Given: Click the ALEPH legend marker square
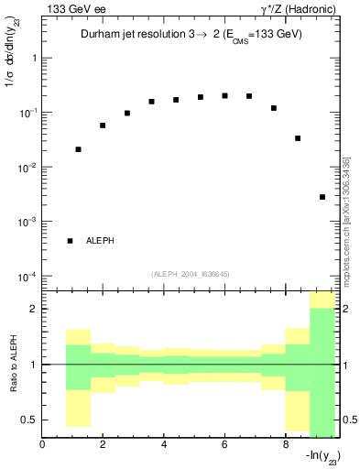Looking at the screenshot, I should [70, 241].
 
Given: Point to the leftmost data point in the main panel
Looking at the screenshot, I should [78, 149].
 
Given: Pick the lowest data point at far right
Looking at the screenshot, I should [322, 197].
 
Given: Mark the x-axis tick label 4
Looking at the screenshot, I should [164, 445].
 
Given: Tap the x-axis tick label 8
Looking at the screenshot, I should [286, 445].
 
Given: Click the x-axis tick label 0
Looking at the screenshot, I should [42, 445].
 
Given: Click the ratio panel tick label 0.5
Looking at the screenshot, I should [29, 420].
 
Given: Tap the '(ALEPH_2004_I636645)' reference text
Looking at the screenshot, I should [191, 273].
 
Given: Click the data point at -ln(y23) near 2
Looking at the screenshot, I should [103, 125].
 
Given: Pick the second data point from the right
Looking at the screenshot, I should [298, 138].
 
